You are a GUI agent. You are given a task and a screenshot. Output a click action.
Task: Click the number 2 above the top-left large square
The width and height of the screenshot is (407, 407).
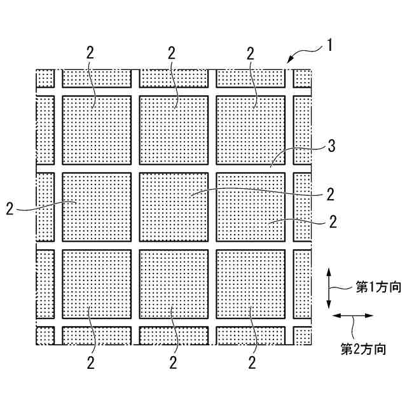coord(90,53)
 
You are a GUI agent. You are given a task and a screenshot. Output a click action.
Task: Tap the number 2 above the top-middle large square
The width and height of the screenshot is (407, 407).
coord(172,53)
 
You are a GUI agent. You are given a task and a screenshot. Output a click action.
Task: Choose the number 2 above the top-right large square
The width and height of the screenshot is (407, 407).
coord(251,53)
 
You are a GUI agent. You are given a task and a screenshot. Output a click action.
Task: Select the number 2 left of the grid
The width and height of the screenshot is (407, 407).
coord(10,209)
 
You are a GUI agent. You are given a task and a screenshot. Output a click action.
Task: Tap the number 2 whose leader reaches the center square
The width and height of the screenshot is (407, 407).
coord(330,193)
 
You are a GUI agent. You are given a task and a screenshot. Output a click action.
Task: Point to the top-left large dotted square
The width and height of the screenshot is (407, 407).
coord(97,130)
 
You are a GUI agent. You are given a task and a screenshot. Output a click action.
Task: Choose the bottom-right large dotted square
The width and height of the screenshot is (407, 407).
coord(251,283)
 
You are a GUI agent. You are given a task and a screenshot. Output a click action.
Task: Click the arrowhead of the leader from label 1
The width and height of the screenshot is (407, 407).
coord(289,61)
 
